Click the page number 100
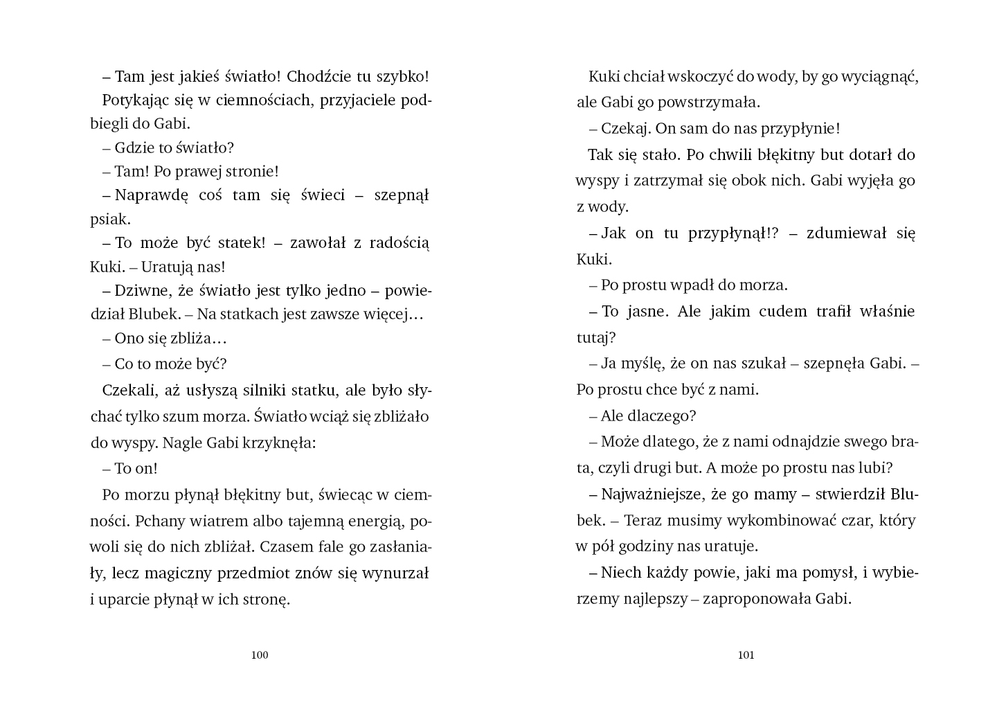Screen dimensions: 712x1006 (x=260, y=655)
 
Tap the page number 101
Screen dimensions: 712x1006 (x=746, y=655)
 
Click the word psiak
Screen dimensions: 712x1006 (x=110, y=220)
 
